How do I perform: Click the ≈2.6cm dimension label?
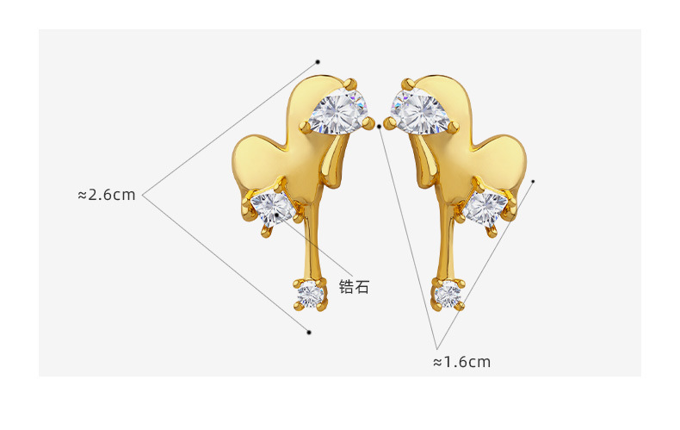(107, 195)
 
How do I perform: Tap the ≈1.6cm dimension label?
(461, 362)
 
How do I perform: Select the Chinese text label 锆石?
(354, 287)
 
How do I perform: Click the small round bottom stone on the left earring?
(311, 296)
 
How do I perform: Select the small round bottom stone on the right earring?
(447, 296)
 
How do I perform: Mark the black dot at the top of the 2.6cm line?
(318, 62)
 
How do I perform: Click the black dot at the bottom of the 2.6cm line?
(309, 332)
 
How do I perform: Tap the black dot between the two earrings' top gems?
(380, 127)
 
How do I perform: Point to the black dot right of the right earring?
(533, 181)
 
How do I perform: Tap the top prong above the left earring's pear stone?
(351, 83)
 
